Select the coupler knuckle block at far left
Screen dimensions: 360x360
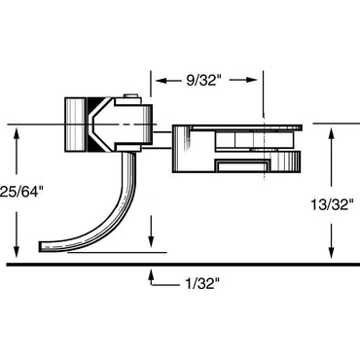coord(75,125)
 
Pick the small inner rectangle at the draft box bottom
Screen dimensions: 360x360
coord(238,166)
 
